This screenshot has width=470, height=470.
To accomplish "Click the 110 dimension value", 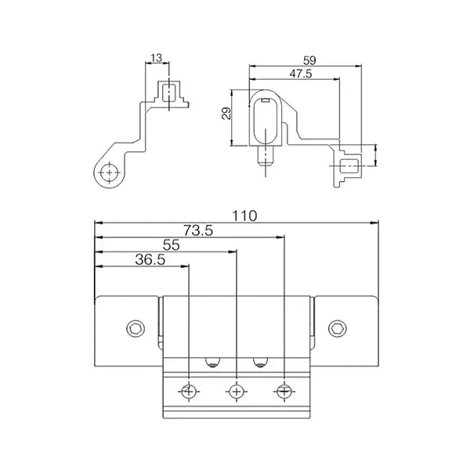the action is click(x=245, y=216).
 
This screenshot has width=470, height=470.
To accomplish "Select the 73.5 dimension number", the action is click(x=198, y=231).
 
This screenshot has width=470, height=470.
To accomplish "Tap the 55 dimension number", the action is click(x=171, y=245).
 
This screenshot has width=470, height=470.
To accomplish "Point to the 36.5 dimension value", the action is click(x=150, y=259).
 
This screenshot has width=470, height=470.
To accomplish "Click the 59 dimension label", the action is click(x=309, y=60).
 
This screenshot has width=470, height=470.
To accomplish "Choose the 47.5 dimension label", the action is click(x=301, y=74).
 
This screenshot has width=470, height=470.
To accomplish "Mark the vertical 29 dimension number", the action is click(x=227, y=114).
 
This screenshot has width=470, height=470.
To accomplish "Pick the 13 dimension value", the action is click(x=156, y=58).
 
